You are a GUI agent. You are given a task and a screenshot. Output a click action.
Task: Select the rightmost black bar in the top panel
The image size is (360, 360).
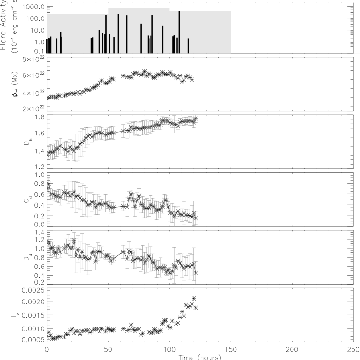[188, 46]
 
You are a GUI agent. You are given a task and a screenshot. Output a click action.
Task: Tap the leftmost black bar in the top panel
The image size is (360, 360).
[48, 46]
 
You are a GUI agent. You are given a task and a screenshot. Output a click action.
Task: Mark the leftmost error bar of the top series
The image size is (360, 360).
[48, 152]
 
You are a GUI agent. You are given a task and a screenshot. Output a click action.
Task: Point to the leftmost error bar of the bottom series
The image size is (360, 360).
[48, 241]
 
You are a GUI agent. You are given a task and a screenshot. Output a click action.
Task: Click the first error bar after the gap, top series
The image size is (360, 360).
[123, 131]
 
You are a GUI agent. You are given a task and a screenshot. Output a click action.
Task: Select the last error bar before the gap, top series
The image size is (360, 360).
[114, 133]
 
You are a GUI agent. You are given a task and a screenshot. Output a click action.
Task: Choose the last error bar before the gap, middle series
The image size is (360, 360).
[114, 207]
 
